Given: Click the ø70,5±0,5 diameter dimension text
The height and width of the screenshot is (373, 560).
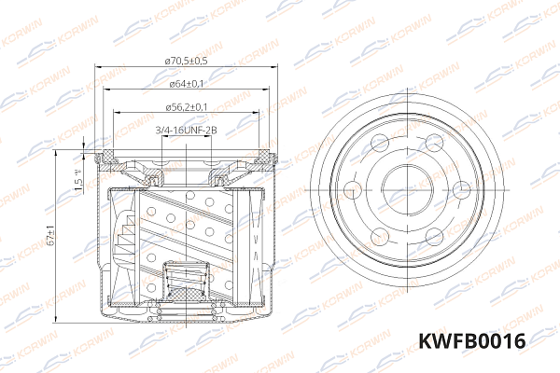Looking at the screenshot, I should click(187, 61).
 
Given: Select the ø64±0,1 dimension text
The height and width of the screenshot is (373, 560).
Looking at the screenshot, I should click(187, 84).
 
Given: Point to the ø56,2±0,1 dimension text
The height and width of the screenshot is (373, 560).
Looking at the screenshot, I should click(187, 106).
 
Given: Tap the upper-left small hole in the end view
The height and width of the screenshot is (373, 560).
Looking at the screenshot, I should click(379, 143).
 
